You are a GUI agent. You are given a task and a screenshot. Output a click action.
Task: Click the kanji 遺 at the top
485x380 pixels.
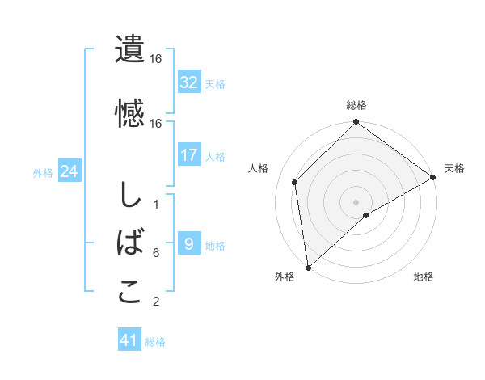129,49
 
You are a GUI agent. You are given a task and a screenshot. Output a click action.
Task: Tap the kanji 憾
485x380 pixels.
129,112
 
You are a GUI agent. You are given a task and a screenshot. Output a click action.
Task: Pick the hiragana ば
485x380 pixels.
129,242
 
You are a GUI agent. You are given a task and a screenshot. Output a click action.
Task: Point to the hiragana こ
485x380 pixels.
129,291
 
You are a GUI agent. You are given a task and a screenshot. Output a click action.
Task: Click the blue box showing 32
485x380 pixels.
188,82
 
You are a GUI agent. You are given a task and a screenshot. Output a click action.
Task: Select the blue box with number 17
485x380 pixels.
188,155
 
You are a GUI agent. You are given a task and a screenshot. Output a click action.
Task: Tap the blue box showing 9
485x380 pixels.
188,244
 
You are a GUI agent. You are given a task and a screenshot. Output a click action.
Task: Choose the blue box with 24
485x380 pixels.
69,171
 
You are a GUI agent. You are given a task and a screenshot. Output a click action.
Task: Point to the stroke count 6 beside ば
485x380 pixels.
155,253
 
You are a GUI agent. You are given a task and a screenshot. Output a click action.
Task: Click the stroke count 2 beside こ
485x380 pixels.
155,302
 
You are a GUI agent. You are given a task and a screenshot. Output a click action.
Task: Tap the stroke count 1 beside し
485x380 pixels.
155,205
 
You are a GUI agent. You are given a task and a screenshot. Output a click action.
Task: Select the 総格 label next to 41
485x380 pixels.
155,342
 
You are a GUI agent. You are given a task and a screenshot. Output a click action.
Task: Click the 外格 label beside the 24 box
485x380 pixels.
43,172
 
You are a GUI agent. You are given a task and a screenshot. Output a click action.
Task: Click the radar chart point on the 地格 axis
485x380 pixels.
366,215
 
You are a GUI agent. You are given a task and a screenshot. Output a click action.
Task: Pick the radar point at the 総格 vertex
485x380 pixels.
356,123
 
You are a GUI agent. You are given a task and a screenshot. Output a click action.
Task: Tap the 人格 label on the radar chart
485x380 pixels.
259,167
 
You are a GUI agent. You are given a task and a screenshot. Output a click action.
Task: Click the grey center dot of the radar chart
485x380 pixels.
356,201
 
